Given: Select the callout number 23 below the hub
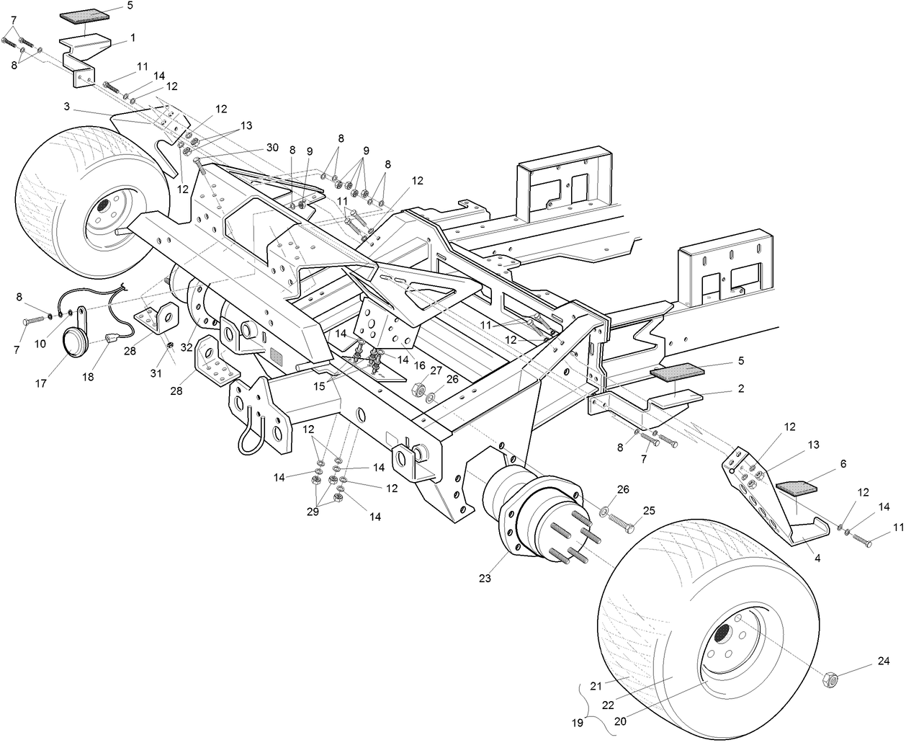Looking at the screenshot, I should click(483, 577).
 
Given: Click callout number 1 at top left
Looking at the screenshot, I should click(133, 36).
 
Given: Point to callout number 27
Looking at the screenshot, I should click(436, 370).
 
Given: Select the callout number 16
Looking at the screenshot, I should click(418, 365).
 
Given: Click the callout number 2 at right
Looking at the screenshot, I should click(741, 388).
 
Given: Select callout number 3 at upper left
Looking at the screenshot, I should click(66, 107).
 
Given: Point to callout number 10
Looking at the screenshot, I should click(40, 344).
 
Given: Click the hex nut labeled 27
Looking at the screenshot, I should click(416, 390).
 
